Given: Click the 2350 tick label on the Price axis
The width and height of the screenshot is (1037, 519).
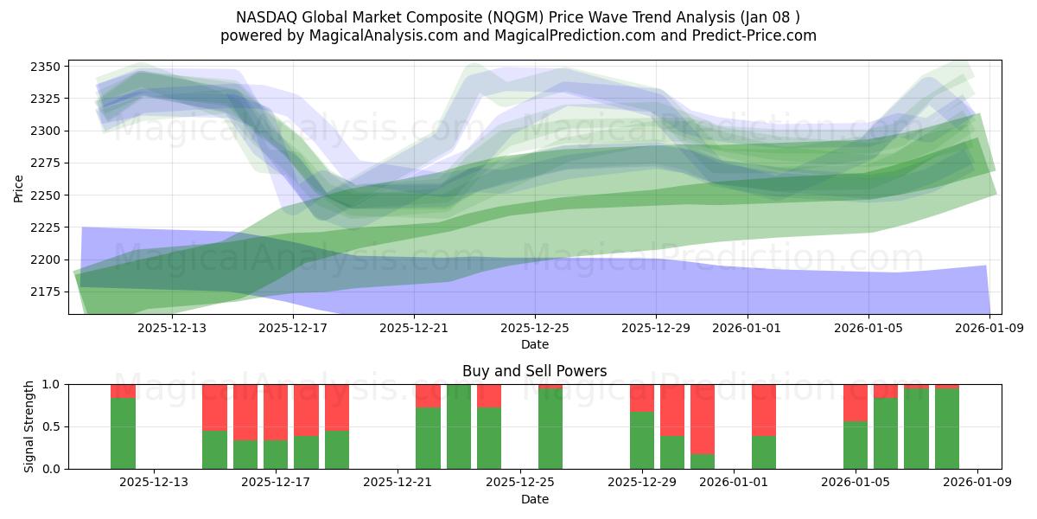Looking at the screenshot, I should click(45, 67).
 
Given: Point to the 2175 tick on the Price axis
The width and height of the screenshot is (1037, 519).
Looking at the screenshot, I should click(45, 292).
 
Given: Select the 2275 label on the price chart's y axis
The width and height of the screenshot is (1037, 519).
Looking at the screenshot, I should click(45, 163).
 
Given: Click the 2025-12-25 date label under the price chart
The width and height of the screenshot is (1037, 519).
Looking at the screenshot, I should click(535, 328).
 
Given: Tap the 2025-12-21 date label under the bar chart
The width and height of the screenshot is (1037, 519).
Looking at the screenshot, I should click(398, 483).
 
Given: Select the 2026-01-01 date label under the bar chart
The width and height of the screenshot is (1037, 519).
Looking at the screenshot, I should click(734, 483).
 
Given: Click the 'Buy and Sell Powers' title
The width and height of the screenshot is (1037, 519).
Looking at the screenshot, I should click(535, 371).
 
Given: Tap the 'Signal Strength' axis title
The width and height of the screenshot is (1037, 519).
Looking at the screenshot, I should click(29, 426).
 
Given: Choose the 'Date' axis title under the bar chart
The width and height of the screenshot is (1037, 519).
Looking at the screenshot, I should click(535, 499).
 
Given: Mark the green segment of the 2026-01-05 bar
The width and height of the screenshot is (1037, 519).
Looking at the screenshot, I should click(856, 445).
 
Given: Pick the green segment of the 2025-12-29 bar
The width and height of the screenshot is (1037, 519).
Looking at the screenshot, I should click(642, 440).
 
